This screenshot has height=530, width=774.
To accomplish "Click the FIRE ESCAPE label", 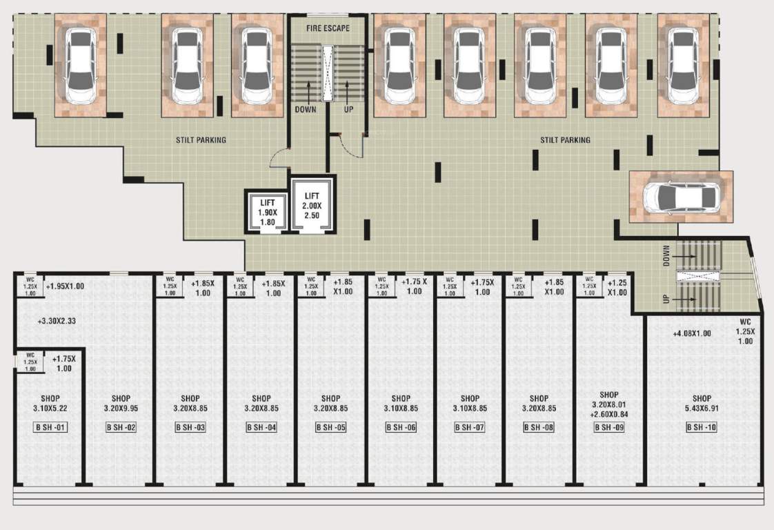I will click(x=328, y=28).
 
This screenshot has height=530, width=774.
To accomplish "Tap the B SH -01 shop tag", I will click(x=50, y=428).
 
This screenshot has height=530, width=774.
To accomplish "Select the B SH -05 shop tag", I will click(x=330, y=428).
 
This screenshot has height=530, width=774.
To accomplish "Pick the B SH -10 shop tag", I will click(x=702, y=428).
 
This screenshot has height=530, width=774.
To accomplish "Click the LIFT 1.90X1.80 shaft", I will click(x=267, y=212).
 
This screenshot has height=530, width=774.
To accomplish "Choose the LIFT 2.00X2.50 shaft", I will click(x=312, y=206).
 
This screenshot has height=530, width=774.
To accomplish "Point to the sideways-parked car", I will click(x=680, y=197).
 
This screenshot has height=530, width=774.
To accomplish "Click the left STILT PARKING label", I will click(x=201, y=140).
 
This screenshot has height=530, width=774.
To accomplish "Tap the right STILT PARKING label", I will click(x=565, y=140).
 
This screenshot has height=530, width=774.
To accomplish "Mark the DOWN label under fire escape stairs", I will click(x=306, y=109).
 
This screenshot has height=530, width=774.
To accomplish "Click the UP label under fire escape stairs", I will click(x=348, y=109).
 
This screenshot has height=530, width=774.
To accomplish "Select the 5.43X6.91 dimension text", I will click(x=702, y=409).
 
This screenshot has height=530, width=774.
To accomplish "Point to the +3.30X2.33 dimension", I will click(x=59, y=321).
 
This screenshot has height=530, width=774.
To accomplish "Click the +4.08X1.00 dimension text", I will click(x=692, y=335).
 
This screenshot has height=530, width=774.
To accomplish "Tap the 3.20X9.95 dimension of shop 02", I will click(x=121, y=409).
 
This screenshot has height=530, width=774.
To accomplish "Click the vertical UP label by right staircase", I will click(x=666, y=300).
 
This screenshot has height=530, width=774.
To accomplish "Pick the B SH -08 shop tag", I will click(x=539, y=428).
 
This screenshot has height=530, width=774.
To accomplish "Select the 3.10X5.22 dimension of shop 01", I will click(x=50, y=409).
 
